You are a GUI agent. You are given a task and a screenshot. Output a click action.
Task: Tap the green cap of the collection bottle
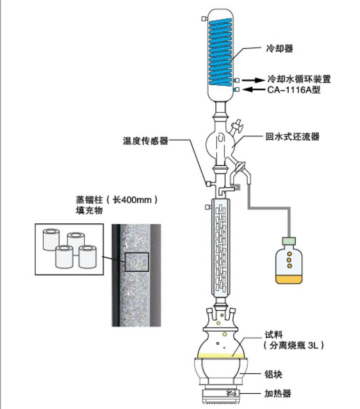(289, 242)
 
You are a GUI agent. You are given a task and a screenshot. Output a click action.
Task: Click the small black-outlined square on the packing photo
(136, 262)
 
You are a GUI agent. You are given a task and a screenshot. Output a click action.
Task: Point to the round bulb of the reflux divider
(221, 142)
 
